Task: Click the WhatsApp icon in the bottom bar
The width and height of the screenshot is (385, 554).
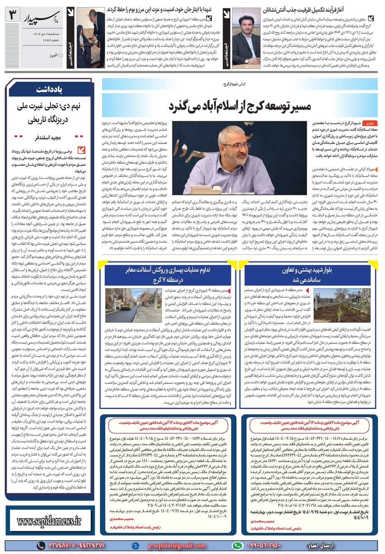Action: pos(239,545)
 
